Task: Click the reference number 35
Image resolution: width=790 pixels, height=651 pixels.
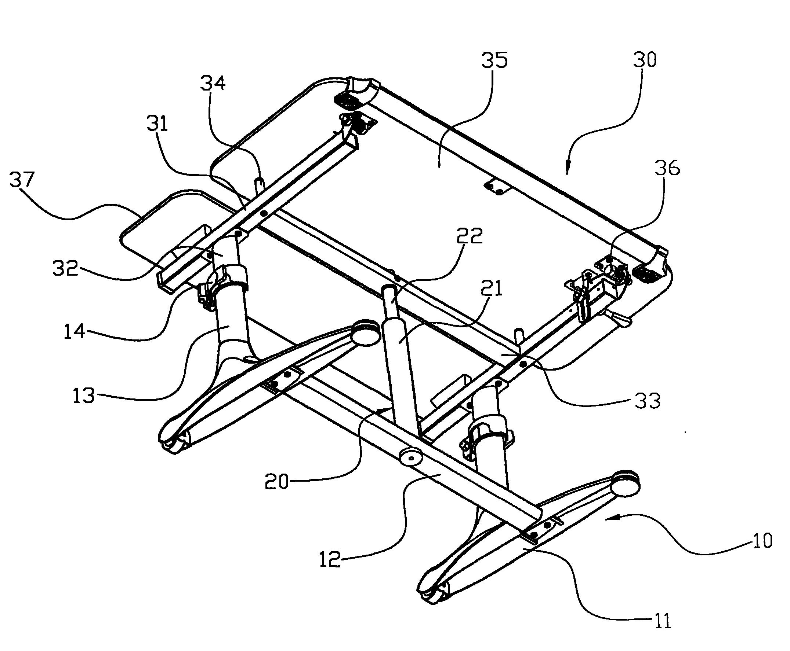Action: coord(494,60)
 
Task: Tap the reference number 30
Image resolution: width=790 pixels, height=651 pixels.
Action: coord(644,60)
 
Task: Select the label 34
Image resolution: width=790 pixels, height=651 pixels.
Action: coord(213,83)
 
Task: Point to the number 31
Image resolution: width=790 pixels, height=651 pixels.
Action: coord(157,124)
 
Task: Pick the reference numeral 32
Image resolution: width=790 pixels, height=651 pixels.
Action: coord(65,268)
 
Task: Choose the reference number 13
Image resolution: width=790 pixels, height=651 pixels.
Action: coord(83,396)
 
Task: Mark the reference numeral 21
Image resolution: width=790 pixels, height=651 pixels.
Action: coord(491,289)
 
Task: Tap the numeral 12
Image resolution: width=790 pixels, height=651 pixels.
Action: coord(330,559)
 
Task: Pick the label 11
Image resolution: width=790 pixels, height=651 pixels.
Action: coord(662,621)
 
